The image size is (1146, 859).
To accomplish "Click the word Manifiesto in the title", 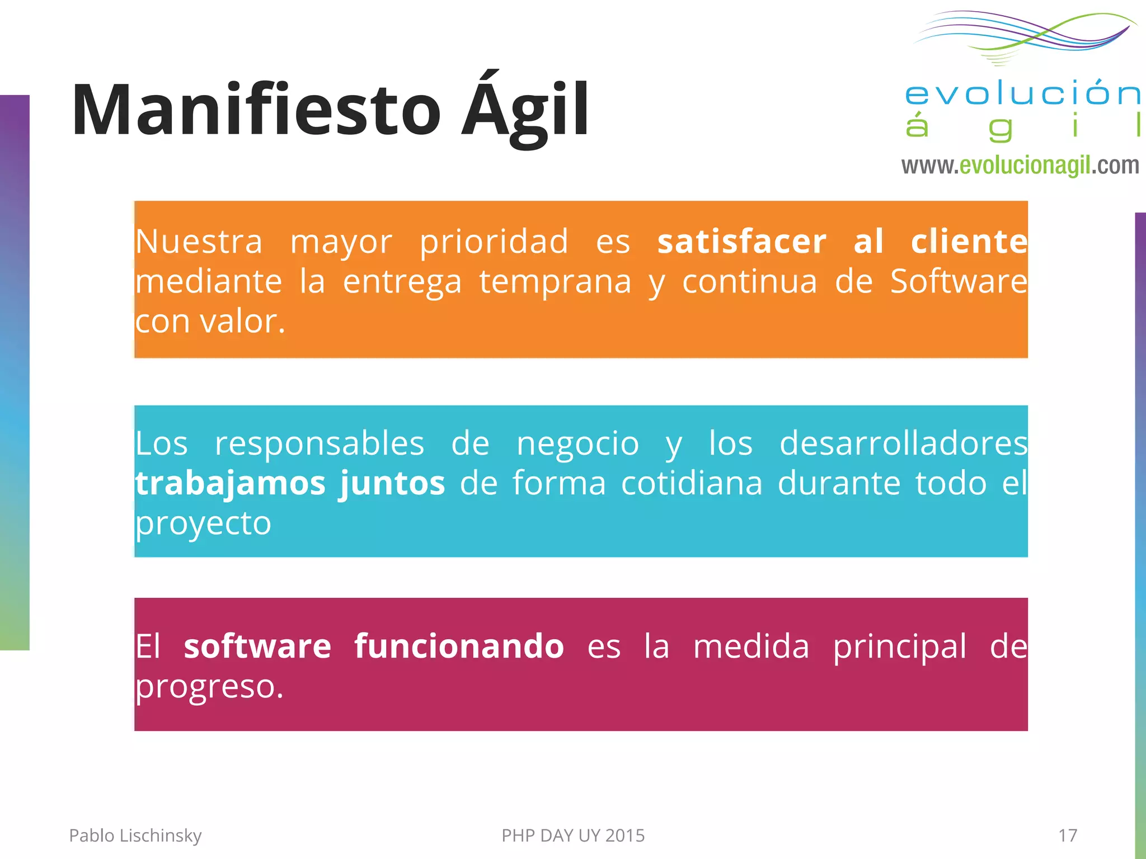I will pos(256,110).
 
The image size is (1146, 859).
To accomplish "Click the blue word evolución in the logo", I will pos(1022,93).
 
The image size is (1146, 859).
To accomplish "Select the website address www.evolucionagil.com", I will pos(1020,166).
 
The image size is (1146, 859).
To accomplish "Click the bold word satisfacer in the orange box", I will pos(741,242).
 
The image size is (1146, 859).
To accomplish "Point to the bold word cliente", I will pos(969,242).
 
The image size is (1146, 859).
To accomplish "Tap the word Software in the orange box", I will pos(959,281).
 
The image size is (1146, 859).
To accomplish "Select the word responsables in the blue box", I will pos(320,444).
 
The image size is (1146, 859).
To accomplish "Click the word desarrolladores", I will pos(903,444).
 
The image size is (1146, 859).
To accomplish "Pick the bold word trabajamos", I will pos(230,484).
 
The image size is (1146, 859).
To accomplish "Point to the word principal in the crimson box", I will pos(899,647).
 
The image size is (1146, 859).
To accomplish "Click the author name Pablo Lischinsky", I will pos(135,836).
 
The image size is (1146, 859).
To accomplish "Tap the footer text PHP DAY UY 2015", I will pos(573,836).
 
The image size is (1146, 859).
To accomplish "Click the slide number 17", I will pos(1067,836).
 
